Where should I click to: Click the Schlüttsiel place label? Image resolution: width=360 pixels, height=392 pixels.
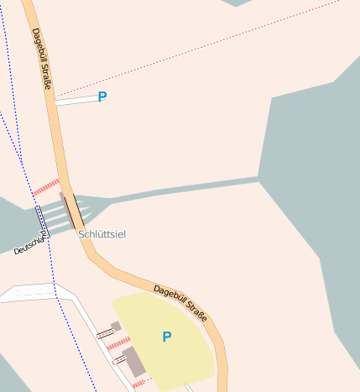tap(102, 234)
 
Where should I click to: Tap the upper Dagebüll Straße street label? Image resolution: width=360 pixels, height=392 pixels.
tap(42, 59)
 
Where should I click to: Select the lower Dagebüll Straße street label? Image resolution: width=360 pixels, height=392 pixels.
tap(180, 303)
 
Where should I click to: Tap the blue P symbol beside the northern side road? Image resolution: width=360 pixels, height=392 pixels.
tap(102, 97)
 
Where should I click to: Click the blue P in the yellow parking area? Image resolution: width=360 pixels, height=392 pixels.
tap(166, 337)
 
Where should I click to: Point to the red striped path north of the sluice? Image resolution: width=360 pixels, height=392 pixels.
tap(46, 187)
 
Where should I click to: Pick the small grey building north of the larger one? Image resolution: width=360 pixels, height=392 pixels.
tap(116, 326)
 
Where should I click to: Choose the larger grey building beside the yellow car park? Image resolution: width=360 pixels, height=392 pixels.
tap(133, 361)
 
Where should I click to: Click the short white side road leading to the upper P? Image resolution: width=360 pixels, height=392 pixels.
tap(77, 100)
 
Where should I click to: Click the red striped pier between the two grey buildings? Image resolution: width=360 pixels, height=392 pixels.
tap(119, 342)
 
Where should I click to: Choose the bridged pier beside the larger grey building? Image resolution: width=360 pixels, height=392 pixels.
tap(119, 359)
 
